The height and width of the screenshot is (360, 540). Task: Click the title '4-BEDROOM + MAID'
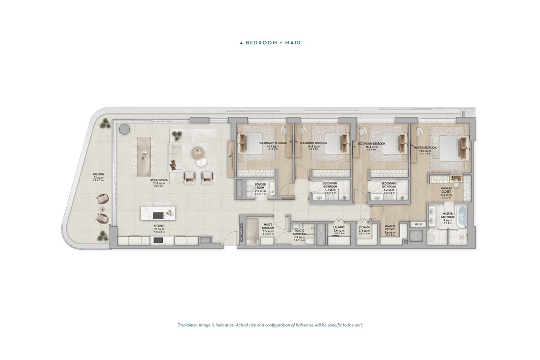270,43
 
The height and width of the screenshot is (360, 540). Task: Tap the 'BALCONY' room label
98,174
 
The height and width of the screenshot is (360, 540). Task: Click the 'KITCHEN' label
159,225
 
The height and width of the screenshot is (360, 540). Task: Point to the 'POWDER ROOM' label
260,186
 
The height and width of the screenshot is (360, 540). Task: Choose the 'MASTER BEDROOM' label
425,148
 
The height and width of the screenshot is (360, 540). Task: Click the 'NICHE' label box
418,224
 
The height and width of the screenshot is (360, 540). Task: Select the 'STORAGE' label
364,227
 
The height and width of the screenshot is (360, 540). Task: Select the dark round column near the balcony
124,129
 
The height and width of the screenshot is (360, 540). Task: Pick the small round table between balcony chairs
102,209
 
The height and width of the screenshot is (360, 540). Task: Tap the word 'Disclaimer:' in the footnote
187,325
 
